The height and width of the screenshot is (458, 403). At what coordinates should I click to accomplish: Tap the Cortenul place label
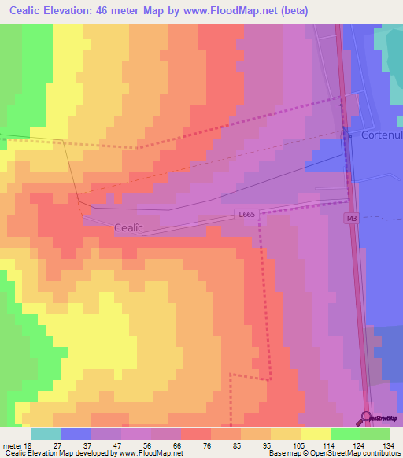(382, 135)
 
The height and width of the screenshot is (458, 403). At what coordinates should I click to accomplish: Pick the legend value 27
(57, 445)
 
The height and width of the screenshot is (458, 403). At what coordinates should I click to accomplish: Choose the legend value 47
(118, 445)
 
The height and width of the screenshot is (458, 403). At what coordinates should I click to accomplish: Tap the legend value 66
(178, 445)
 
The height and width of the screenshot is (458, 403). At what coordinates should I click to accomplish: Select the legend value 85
(238, 445)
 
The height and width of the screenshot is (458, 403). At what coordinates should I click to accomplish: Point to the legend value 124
(357, 445)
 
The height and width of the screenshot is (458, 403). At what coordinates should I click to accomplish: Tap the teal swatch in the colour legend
(46, 434)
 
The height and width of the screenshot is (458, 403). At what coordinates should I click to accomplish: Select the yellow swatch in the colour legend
(316, 434)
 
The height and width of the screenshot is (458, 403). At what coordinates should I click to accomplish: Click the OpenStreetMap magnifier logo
(366, 418)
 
